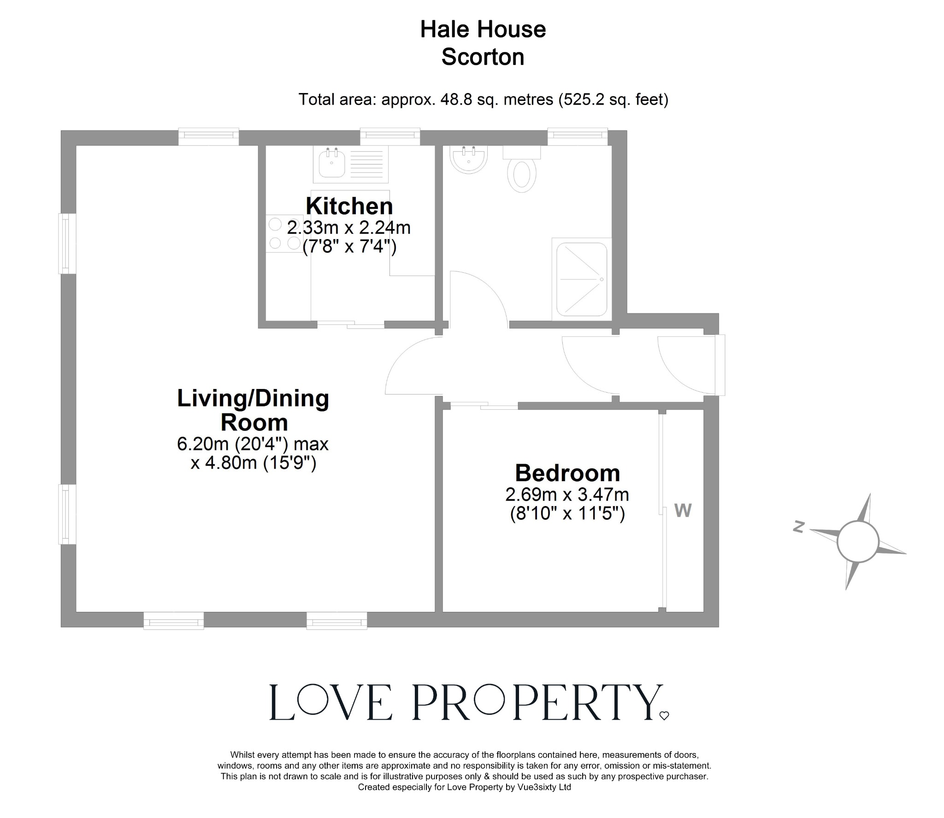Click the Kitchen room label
[x=349, y=206]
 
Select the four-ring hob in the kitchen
[x=284, y=234]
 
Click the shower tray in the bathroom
[x=582, y=279]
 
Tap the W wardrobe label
[x=683, y=510]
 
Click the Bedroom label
[x=567, y=473]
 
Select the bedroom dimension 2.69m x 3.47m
[x=567, y=494]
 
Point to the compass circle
[x=857, y=542]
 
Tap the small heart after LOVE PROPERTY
[x=664, y=716]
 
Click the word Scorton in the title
[x=483, y=57]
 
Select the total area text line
[x=483, y=99]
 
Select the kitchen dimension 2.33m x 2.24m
[x=349, y=227]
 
